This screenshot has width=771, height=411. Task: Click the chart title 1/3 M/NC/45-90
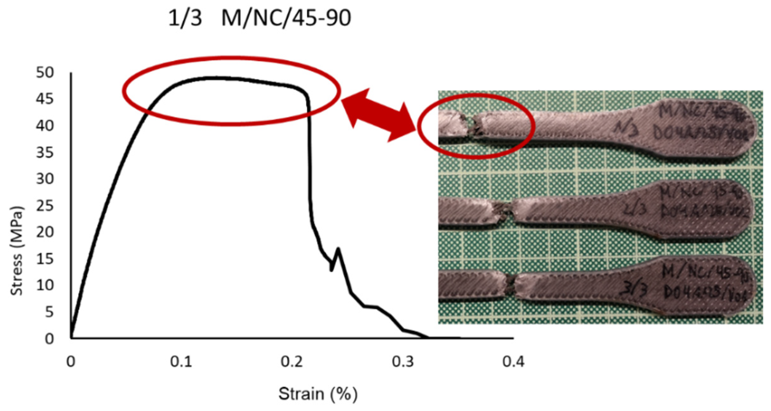[x=259, y=18]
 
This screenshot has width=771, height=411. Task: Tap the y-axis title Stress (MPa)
[x=16, y=251]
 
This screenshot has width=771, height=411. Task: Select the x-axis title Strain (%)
[x=318, y=394]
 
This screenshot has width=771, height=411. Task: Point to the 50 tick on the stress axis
[x=45, y=72]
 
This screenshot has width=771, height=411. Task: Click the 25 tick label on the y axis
[x=45, y=205]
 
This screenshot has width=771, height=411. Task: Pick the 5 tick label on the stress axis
[x=49, y=312]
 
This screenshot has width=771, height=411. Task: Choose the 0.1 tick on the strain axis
[x=181, y=362]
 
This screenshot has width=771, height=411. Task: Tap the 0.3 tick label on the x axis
[x=403, y=362]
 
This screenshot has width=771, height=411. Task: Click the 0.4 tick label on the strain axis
[x=513, y=362]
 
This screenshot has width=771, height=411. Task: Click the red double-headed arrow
[x=379, y=115]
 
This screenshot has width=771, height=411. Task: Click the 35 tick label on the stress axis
[x=45, y=152]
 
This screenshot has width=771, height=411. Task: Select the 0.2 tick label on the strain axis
[x=292, y=362]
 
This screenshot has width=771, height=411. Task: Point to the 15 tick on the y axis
[x=45, y=259]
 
